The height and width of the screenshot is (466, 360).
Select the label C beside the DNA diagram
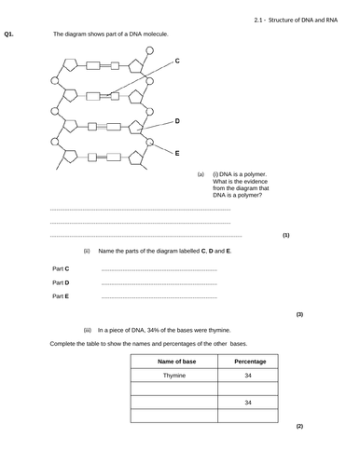pos(177,61)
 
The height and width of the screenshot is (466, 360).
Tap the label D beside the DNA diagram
pos(177,122)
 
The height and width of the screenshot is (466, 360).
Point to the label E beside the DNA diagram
pos(177,152)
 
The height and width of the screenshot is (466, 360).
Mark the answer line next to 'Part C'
pos(158,269)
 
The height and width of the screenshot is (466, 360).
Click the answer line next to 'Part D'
pos(158,283)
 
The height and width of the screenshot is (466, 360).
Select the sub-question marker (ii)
pos(87,251)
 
